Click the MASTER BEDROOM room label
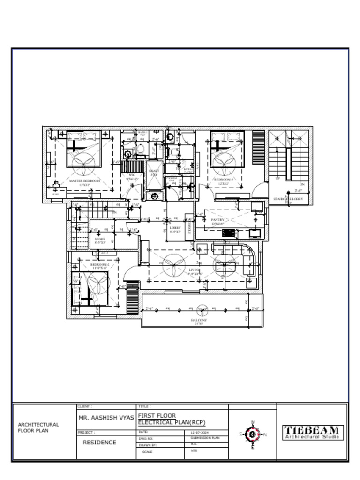click(84, 180)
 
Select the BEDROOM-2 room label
click(100, 265)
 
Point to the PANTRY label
click(218, 219)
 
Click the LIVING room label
click(195, 270)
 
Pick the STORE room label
click(100, 239)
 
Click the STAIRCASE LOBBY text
click(288, 199)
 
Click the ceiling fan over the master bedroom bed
click(83, 160)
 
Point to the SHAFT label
click(154, 171)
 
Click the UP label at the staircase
click(277, 179)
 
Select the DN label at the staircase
click(302, 184)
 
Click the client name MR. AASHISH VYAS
click(106, 417)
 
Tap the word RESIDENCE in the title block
click(99, 442)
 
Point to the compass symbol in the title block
click(253, 435)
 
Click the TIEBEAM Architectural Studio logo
click(313, 432)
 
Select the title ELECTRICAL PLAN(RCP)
click(172, 422)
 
